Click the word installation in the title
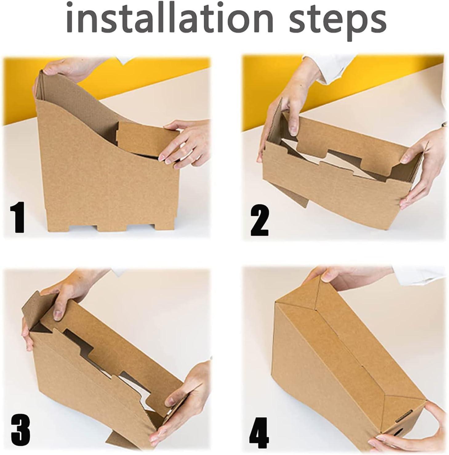click(x=170, y=18)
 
